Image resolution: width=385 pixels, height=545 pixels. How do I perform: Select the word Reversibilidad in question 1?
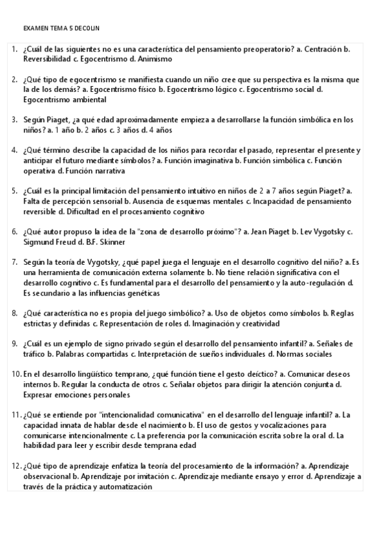(46, 59)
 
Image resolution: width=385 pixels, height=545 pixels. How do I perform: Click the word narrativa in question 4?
(106, 171)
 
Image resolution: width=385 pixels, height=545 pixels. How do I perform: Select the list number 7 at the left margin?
(15, 262)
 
